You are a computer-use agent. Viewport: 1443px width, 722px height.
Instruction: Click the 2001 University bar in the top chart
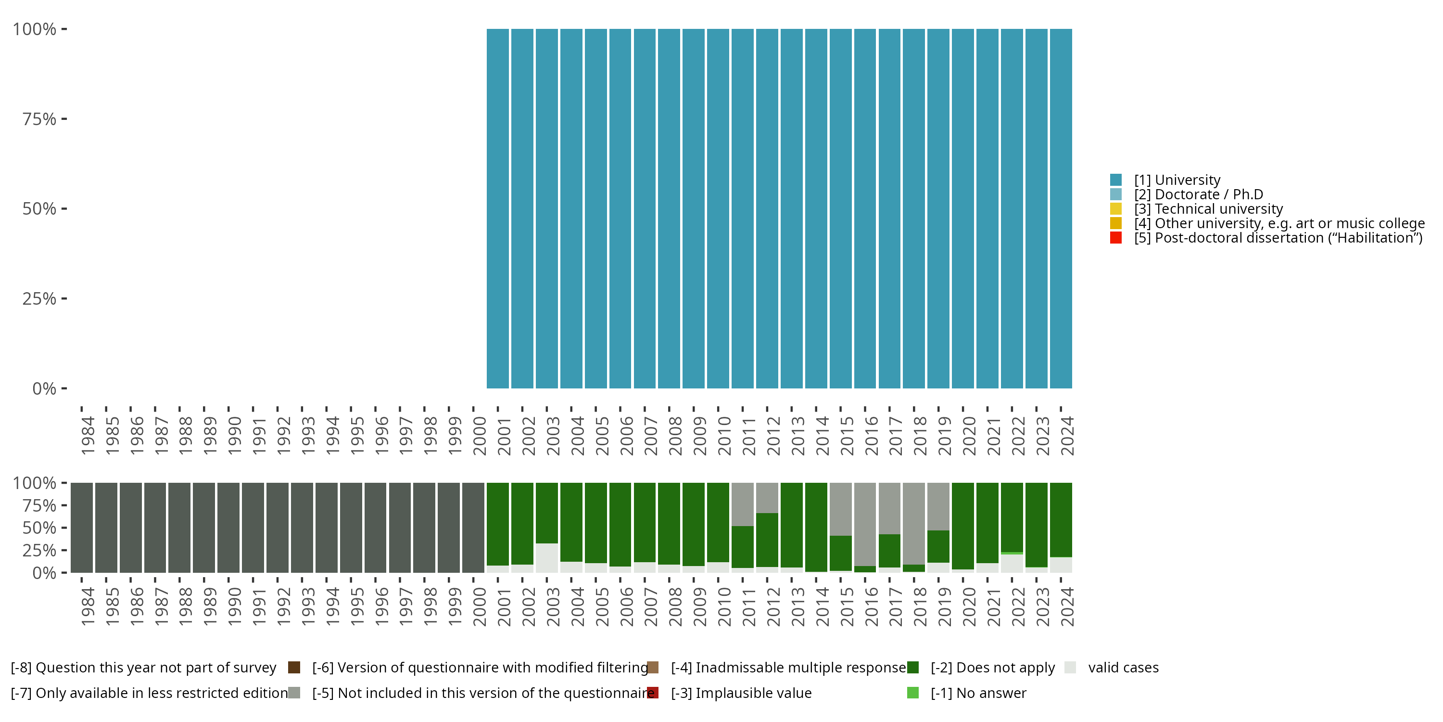497,208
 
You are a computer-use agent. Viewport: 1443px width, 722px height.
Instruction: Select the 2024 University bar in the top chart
1061,208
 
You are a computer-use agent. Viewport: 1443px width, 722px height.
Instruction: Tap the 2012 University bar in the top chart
767,208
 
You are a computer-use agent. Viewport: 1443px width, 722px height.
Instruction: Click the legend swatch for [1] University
1116,180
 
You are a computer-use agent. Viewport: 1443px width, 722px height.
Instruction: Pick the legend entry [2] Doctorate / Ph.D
1198,194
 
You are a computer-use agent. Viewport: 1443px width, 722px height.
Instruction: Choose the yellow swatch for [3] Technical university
1116,209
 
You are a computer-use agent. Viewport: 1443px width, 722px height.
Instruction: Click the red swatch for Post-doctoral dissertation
1116,238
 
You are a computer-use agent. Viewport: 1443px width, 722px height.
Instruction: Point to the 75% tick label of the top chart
39,119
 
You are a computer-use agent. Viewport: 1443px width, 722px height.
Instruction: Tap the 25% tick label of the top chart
39,298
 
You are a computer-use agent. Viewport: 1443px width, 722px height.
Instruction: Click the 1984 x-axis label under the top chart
88,436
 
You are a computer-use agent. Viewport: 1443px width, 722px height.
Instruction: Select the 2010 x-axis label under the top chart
724,436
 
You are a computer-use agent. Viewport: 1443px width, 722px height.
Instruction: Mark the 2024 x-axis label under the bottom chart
1067,606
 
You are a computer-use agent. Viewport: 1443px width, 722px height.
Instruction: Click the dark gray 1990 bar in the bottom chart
228,528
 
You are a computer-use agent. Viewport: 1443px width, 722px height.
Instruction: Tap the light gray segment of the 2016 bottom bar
865,521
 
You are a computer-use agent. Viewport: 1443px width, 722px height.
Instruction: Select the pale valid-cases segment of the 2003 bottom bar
547,558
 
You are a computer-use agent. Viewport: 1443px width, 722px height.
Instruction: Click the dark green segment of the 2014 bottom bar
816,527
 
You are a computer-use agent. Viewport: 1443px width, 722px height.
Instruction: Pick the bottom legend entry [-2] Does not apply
993,668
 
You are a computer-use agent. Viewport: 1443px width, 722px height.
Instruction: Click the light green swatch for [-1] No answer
912,693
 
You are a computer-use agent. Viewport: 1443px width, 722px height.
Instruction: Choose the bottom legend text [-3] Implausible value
741,693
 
